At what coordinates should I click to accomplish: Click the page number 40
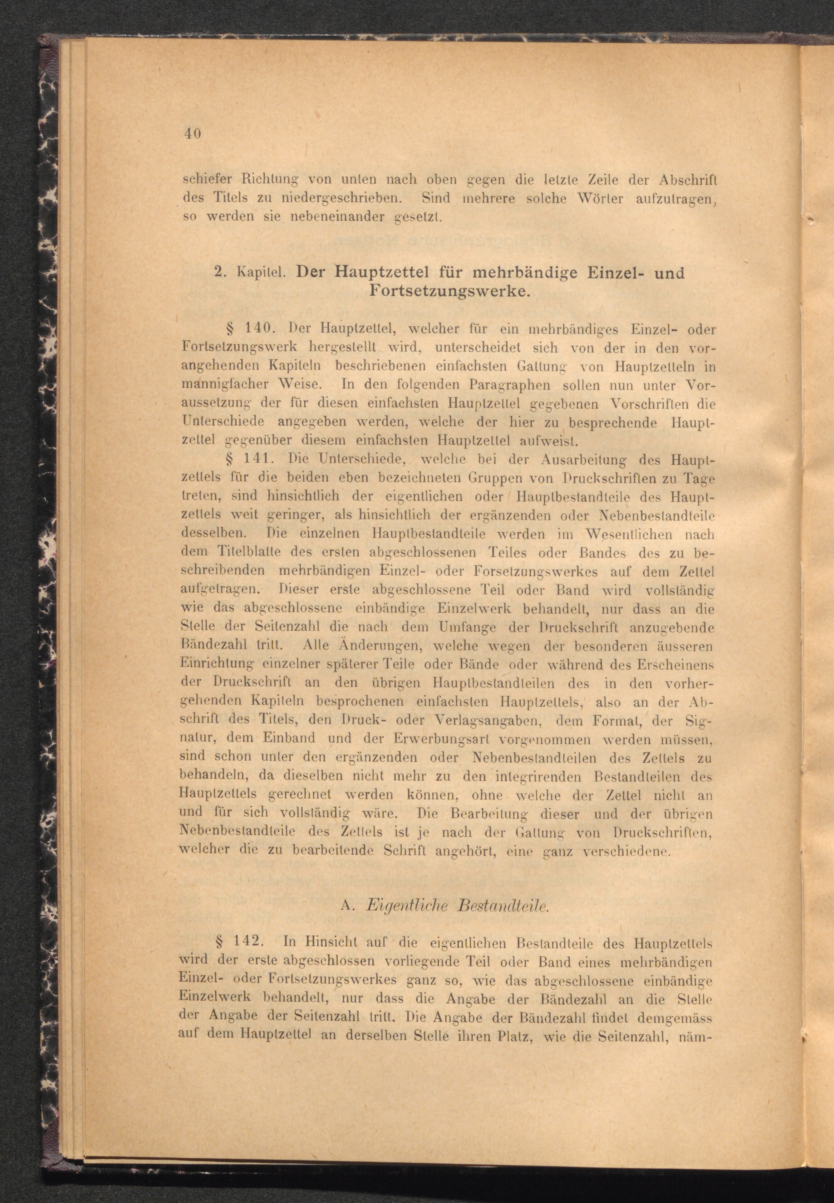tap(192, 134)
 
